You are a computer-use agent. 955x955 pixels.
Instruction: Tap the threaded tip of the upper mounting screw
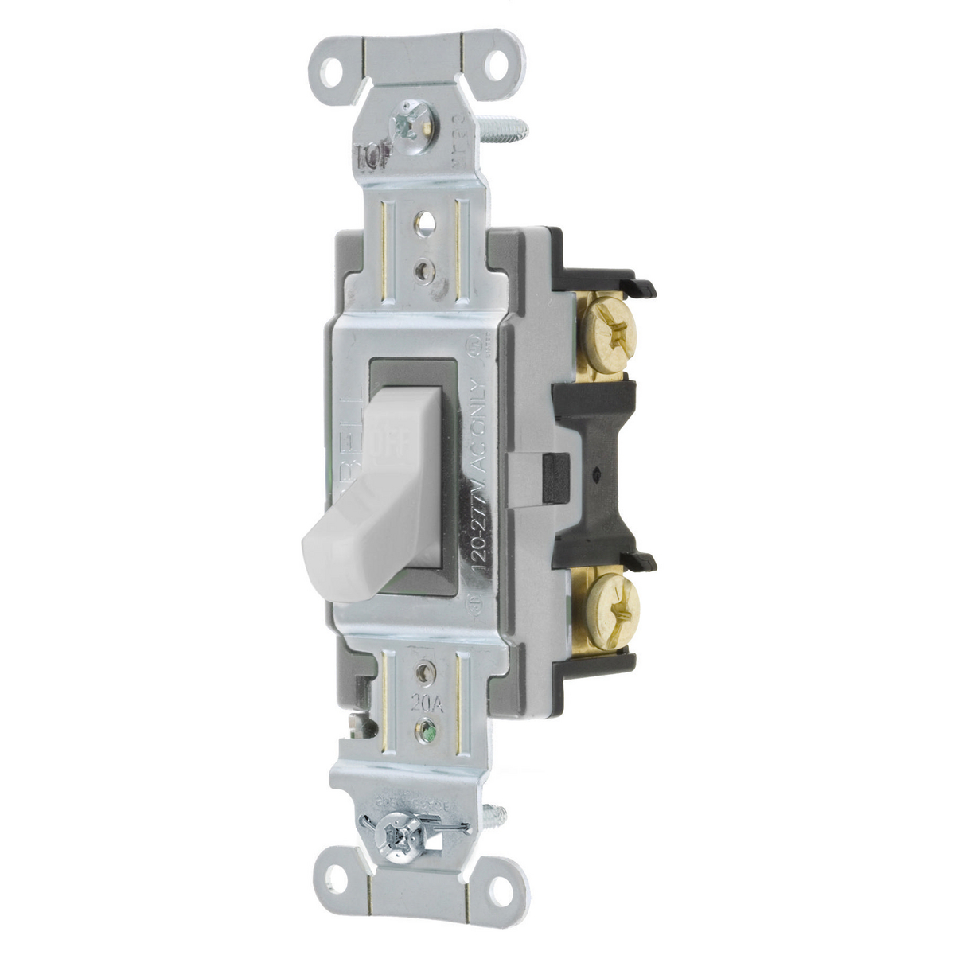tap(514, 124)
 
